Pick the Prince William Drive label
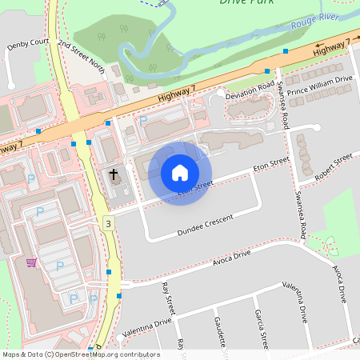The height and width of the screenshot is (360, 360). point(319,86)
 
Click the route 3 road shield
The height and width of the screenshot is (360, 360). point(107,225)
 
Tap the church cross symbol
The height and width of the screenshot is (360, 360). point(114,174)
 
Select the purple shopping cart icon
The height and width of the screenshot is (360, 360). point(31,262)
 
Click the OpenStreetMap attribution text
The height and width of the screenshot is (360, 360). point(81,354)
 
